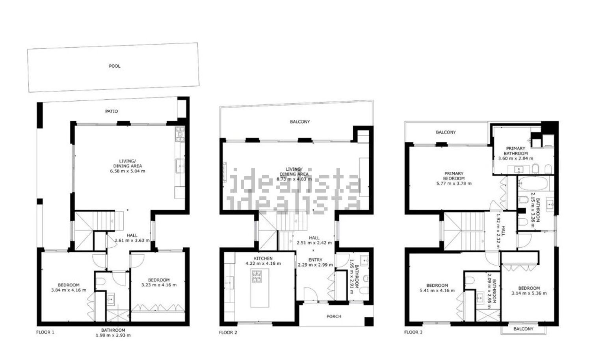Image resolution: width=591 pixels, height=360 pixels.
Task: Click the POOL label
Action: (115, 66)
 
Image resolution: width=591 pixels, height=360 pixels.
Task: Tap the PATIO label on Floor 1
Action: (112, 111)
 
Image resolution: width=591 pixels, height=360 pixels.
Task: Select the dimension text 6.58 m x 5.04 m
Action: (127, 171)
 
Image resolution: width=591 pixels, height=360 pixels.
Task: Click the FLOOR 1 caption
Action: (45, 332)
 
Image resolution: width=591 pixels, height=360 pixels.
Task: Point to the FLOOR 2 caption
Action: (228, 332)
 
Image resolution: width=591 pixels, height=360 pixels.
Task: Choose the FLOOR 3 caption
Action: (413, 332)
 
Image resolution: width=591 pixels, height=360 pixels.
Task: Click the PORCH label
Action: (334, 316)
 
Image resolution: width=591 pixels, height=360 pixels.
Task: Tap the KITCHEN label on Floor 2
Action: (263, 258)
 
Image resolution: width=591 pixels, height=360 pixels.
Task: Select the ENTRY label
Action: (315, 260)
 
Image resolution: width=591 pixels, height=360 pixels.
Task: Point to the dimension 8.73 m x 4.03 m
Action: (294, 179)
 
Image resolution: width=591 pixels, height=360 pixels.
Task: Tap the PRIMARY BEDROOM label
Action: (454, 176)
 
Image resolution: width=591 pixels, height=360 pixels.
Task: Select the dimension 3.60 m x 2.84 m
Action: (515, 158)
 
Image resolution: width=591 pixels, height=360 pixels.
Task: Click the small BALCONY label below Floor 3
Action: (524, 329)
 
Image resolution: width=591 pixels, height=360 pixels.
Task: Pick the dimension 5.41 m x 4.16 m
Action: (437, 291)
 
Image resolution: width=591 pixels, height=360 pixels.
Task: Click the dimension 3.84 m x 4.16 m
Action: (69, 290)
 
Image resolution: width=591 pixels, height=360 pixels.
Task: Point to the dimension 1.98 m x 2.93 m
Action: (113, 336)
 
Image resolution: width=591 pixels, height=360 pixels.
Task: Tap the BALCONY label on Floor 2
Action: (300, 122)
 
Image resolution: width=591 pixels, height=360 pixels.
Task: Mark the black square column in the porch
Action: (369, 322)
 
